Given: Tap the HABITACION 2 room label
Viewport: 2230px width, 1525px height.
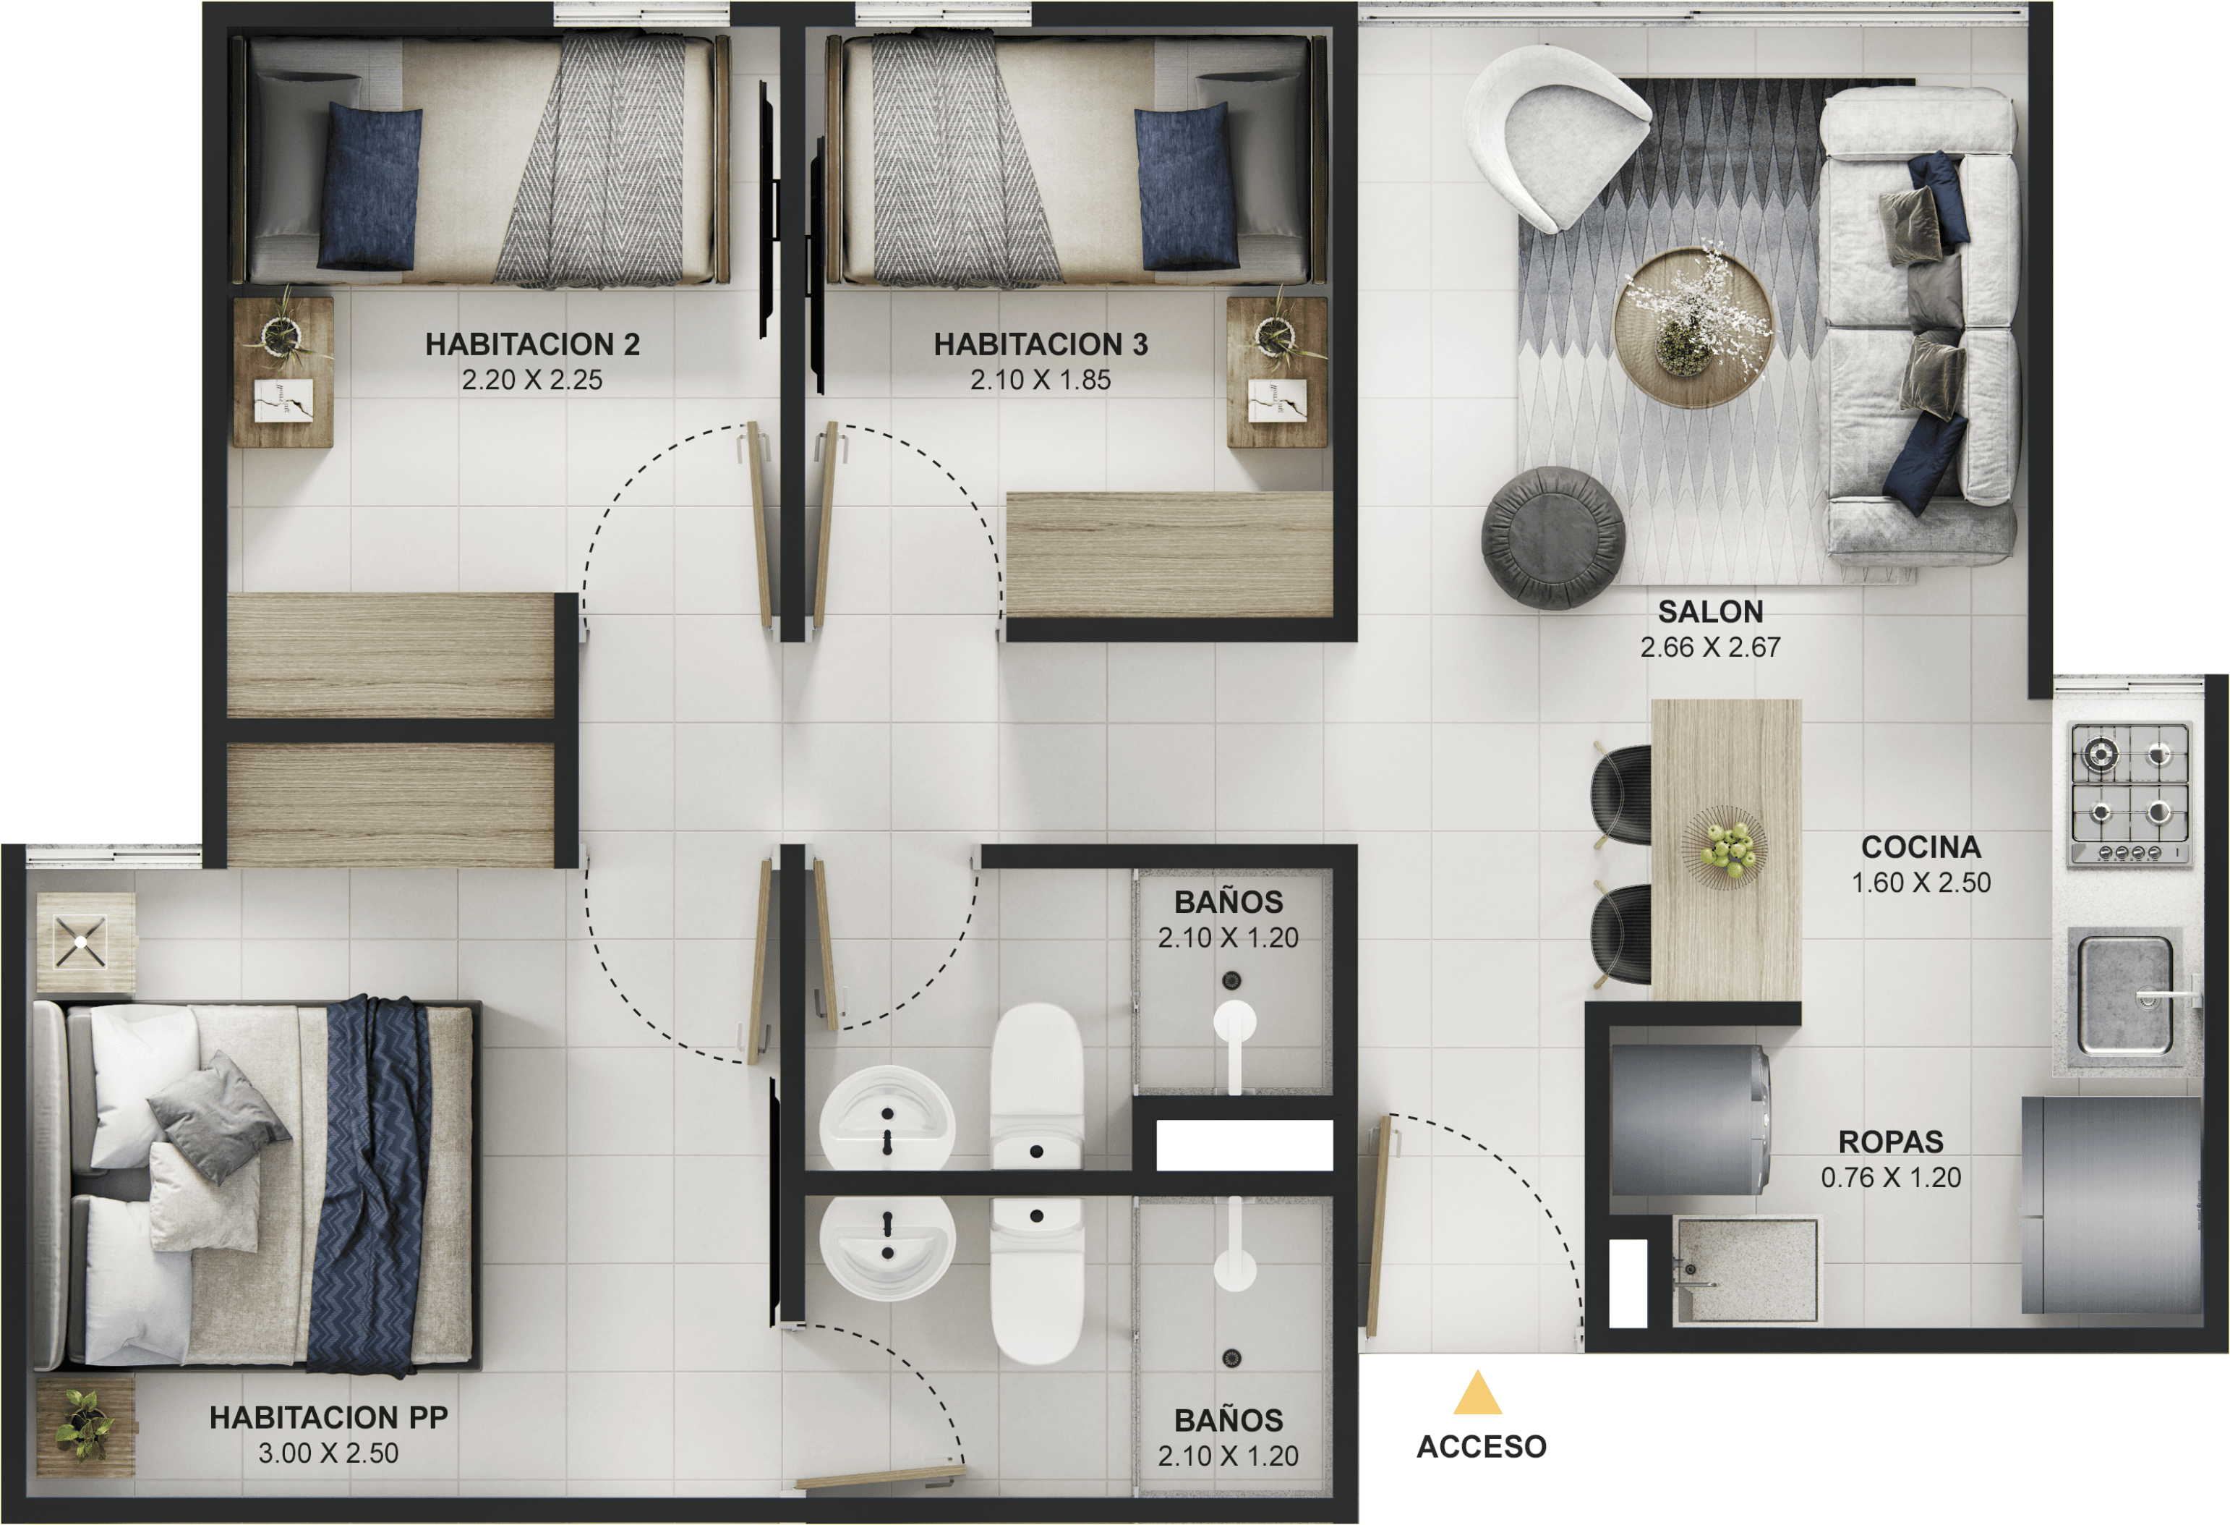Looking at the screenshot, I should coord(532,344).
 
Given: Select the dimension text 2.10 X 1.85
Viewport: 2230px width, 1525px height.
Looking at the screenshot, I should coord(1040,380).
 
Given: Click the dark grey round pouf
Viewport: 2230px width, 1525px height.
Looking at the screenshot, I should coord(1552,537).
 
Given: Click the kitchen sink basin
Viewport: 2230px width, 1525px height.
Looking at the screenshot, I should coord(2124,996).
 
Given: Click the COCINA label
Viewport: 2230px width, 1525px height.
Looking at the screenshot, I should coord(1920,846).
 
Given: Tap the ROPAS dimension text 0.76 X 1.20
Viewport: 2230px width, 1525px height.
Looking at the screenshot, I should coord(1890,1178).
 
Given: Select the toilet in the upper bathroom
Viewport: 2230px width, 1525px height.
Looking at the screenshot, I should coord(1036,1084).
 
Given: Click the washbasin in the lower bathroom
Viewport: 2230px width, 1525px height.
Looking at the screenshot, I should coord(887,1246).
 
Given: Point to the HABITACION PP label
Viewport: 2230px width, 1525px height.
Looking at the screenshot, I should coord(328,1417).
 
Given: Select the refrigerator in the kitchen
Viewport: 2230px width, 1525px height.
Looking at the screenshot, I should coord(2111,1205).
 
